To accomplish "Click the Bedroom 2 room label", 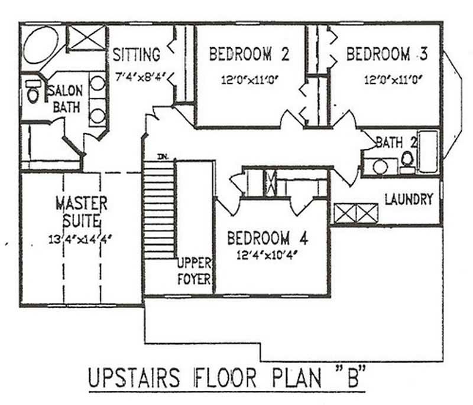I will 249,55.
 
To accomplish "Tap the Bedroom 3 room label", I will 387,55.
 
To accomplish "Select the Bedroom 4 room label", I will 267,239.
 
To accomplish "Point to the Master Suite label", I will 81,213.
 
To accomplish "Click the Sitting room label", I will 137,55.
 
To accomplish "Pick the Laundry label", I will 409,200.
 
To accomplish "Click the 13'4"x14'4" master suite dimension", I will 81,240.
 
